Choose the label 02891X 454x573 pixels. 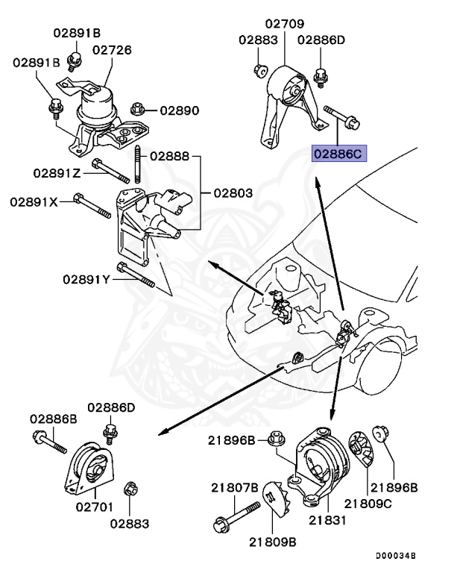coord(34,201)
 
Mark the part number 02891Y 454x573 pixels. coord(86,279)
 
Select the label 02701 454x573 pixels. coord(93,507)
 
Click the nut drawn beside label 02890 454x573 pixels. coord(137,109)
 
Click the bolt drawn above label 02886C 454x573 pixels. coord(339,115)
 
